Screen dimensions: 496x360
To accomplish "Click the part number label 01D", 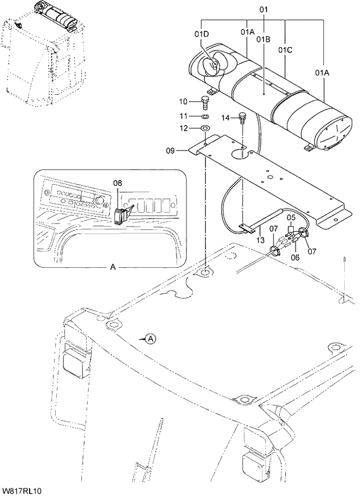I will click(x=201, y=34).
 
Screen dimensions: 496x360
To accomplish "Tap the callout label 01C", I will click(x=285, y=50).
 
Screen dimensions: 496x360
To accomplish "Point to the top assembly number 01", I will click(x=264, y=10).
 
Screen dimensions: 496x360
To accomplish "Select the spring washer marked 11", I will click(x=205, y=116).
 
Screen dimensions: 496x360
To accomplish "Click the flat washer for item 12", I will click(x=206, y=128).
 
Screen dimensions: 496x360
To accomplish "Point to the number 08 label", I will click(x=117, y=183).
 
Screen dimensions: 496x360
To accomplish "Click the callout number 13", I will click(x=260, y=240).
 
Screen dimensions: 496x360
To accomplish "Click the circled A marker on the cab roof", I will click(x=150, y=338).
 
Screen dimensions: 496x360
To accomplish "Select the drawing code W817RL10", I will click(x=21, y=490).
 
